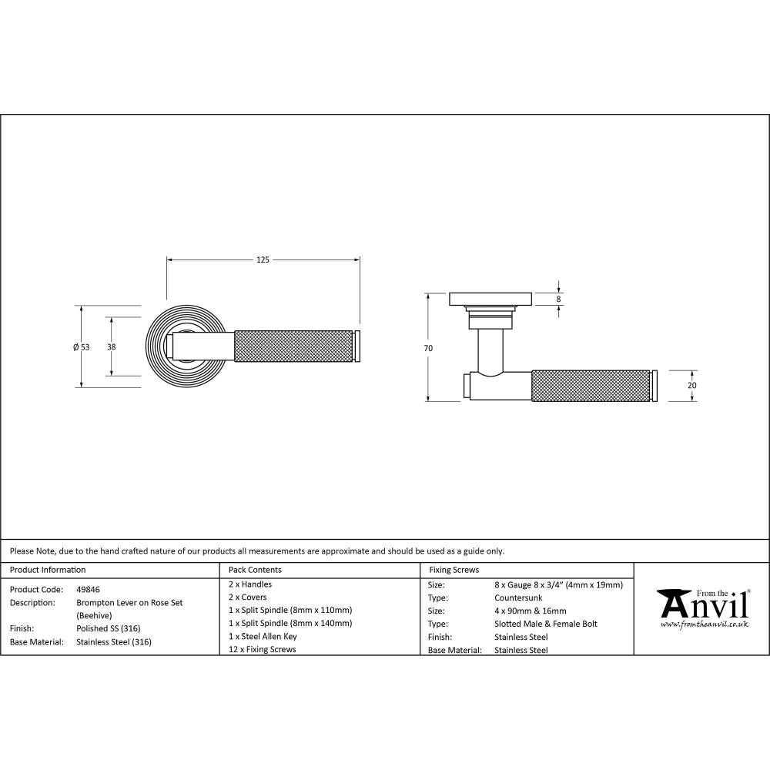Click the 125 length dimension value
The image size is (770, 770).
[263, 260]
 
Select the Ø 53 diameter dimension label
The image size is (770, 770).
[81, 346]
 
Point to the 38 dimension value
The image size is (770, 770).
[112, 346]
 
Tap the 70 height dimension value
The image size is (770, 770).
[428, 348]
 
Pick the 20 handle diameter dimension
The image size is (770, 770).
[691, 385]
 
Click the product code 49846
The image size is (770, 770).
[89, 589]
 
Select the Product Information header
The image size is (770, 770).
[48, 570]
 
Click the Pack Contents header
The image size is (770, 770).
[255, 570]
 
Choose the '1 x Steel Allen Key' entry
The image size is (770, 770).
[263, 636]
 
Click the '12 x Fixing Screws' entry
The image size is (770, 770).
[262, 649]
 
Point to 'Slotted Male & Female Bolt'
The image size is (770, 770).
[546, 624]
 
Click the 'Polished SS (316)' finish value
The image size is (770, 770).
[109, 628]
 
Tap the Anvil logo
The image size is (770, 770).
[702, 604]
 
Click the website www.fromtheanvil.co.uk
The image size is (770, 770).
[704, 624]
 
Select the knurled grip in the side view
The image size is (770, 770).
[591, 386]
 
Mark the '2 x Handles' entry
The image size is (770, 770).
[250, 584]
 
